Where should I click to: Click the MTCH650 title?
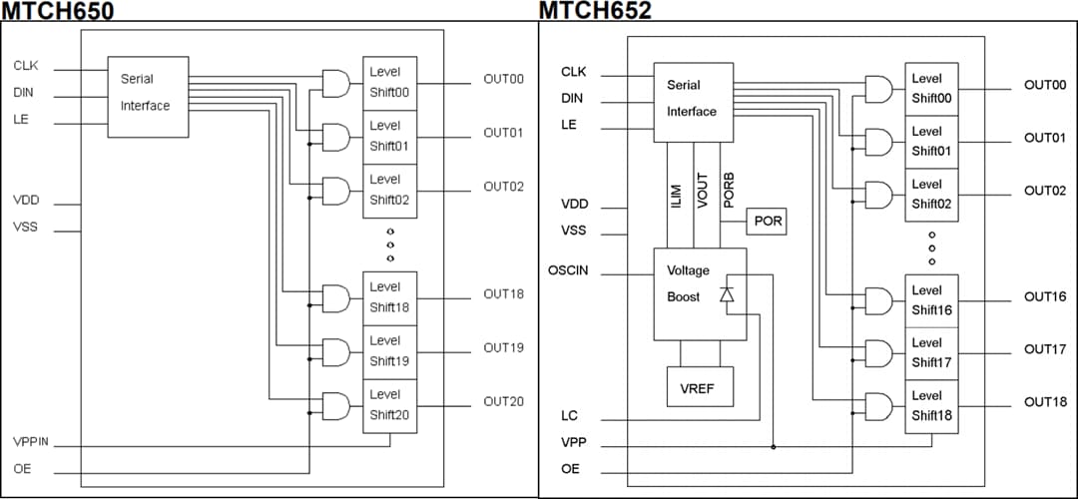[x=57, y=11]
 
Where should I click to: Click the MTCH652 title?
[x=595, y=11]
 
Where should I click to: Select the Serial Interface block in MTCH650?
[x=147, y=92]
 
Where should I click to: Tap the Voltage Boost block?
[x=699, y=293]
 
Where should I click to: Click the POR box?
[x=767, y=222]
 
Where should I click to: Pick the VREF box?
[x=699, y=386]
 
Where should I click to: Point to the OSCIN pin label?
[x=568, y=270]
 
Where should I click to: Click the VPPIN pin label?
[x=31, y=441]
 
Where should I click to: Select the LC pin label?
[x=569, y=416]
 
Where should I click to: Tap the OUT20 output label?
[x=503, y=401]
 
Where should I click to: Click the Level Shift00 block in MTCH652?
[x=931, y=88]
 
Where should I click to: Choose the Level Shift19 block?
[x=389, y=350]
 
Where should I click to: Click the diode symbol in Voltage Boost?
[x=727, y=293]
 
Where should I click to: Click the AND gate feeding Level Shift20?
[x=336, y=406]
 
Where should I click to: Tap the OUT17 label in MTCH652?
[x=1044, y=349]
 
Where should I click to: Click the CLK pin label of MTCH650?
[x=26, y=66]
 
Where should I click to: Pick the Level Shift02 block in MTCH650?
[x=389, y=190]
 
